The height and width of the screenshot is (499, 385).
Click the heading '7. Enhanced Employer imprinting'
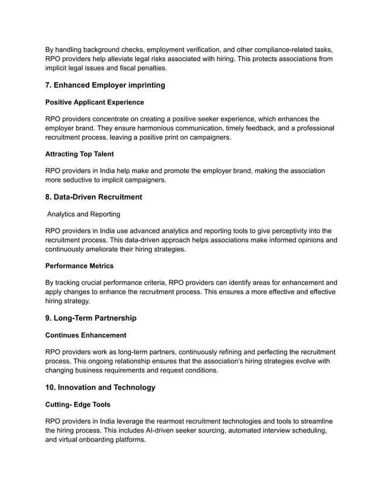coord(106,85)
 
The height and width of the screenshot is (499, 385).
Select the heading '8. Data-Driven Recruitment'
coord(94,197)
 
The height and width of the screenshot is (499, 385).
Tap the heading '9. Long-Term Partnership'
coord(91,318)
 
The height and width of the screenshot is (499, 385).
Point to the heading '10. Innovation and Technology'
coord(100,387)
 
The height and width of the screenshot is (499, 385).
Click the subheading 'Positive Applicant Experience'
coord(95,102)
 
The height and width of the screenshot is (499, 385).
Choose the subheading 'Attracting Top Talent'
coord(80,154)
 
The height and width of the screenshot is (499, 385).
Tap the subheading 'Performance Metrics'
coord(80,265)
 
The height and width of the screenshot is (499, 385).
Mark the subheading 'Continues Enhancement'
coord(86,335)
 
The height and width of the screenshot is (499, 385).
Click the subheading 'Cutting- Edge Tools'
coord(78,404)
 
